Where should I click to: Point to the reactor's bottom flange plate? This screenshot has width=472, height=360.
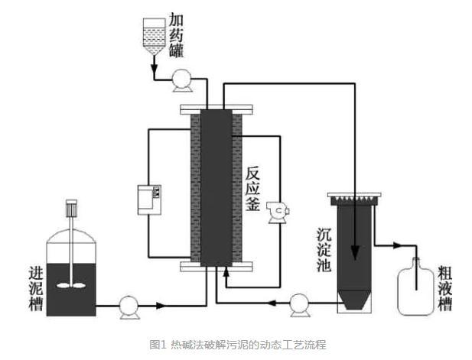point(216,266)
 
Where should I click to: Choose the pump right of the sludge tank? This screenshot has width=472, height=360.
point(129,306)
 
